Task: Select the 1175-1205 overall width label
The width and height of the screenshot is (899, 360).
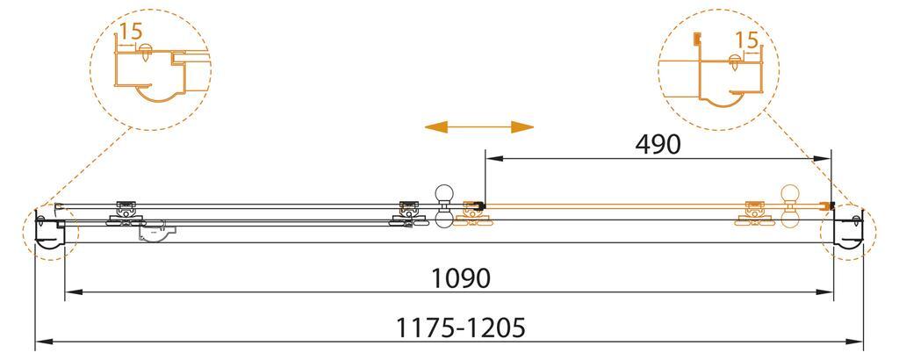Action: point(460,328)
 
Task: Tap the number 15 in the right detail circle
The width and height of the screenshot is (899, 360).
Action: point(747,41)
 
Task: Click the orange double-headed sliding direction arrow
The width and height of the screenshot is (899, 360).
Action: point(478,127)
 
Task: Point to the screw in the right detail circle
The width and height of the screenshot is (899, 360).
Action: point(734,61)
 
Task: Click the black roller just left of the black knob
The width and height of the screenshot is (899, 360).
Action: point(406,212)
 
